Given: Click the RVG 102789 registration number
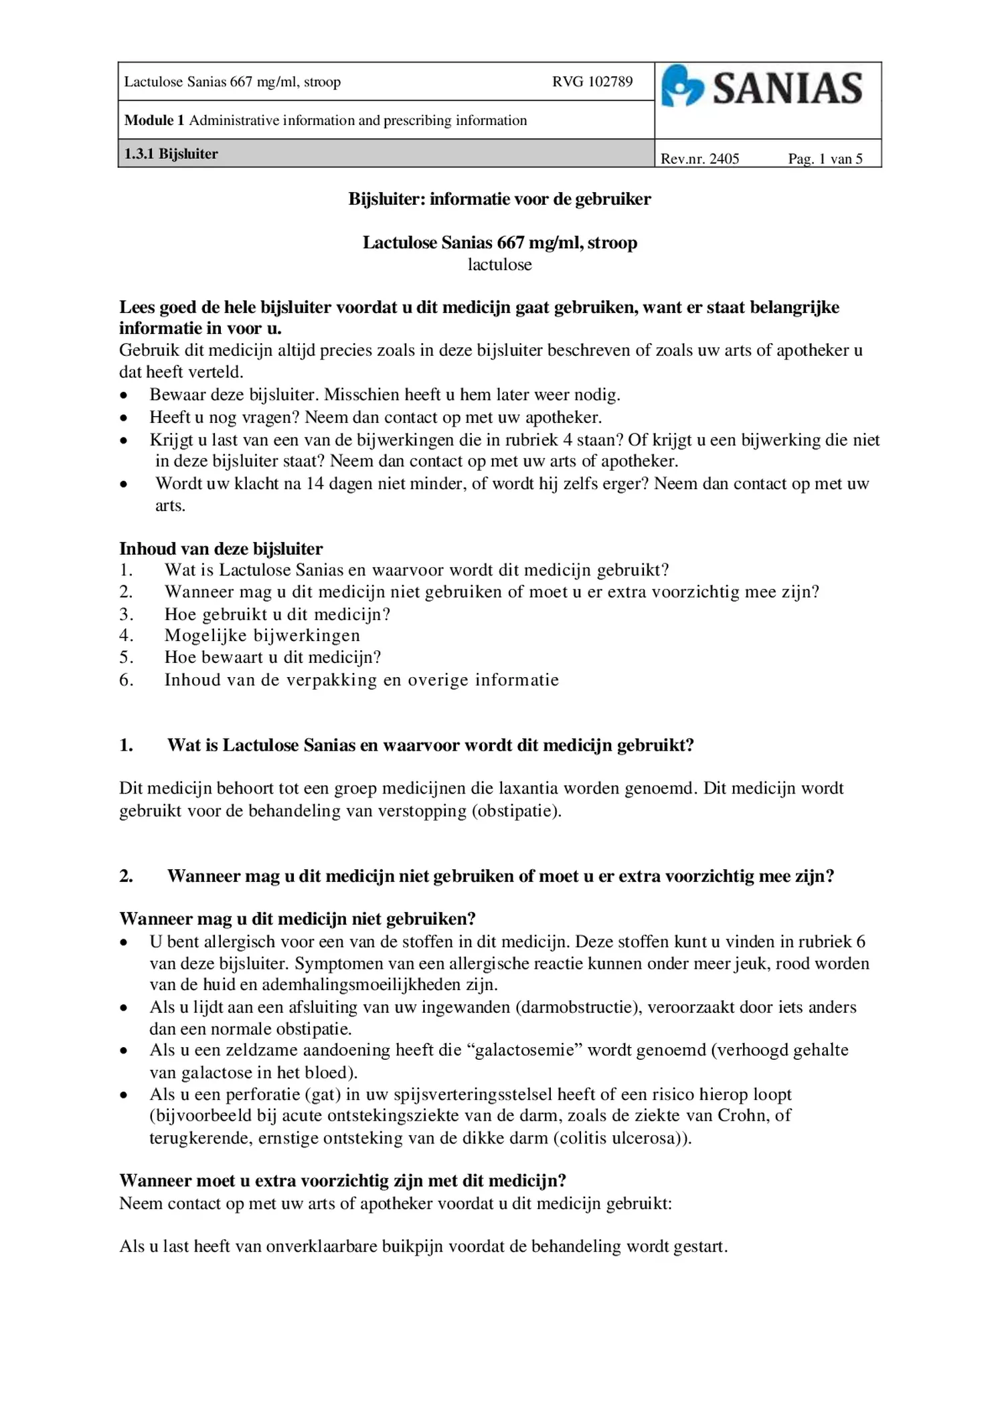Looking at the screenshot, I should pyautogui.click(x=592, y=82).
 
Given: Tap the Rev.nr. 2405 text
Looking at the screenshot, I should pyautogui.click(x=699, y=159).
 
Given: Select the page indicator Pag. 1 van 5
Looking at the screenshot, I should pyautogui.click(x=825, y=159).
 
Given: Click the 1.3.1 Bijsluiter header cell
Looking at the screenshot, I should pyautogui.click(x=171, y=154).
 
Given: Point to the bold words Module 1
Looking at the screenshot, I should pyautogui.click(x=154, y=120).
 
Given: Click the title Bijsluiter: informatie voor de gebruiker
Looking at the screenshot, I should pyautogui.click(x=499, y=199).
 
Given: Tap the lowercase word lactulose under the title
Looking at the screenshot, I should pyautogui.click(x=499, y=264).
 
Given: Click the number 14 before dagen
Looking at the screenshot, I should pyautogui.click(x=315, y=484).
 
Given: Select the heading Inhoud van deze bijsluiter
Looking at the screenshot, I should pyautogui.click(x=221, y=549).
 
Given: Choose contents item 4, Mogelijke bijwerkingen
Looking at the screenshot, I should pyautogui.click(x=262, y=635).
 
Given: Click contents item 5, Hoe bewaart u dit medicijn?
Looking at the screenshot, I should pyautogui.click(x=272, y=657).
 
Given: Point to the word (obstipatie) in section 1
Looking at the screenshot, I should pyautogui.click(x=516, y=811).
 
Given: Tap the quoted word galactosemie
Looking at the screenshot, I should pyautogui.click(x=528, y=1050).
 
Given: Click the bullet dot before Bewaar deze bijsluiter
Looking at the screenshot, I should pyautogui.click(x=124, y=395).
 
